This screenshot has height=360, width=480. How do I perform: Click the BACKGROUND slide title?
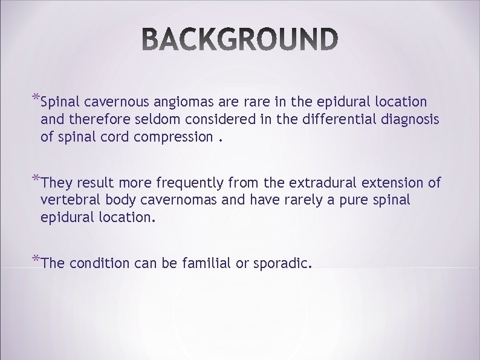click(x=240, y=39)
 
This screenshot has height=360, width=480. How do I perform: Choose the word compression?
click(x=174, y=137)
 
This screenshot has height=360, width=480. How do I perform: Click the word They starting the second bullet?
click(x=57, y=183)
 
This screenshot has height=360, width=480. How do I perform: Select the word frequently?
click(x=198, y=183)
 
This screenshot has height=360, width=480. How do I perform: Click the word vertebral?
click(x=67, y=200)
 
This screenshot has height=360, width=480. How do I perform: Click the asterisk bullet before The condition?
click(x=35, y=260)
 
